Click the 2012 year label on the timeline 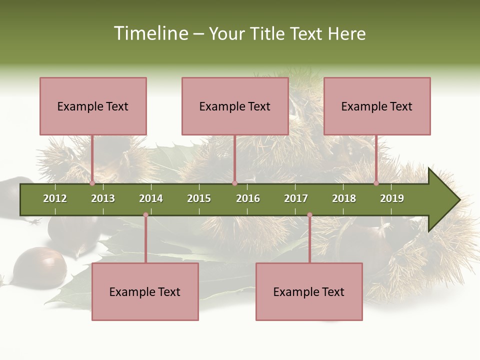point(55,198)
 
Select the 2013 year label point(103,198)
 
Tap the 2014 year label point(151,198)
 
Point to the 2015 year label point(199,198)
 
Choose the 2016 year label point(248,198)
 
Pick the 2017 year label point(296,198)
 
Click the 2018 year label point(344,198)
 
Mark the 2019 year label point(392,198)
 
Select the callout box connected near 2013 point(93,106)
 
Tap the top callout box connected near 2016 point(235,106)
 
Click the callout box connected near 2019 point(377,106)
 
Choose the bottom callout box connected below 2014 point(145,291)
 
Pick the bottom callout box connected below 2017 point(309,291)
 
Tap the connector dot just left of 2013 point(92,183)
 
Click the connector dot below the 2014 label point(145,215)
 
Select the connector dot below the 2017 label point(309,215)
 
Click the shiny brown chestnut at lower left point(39,266)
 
